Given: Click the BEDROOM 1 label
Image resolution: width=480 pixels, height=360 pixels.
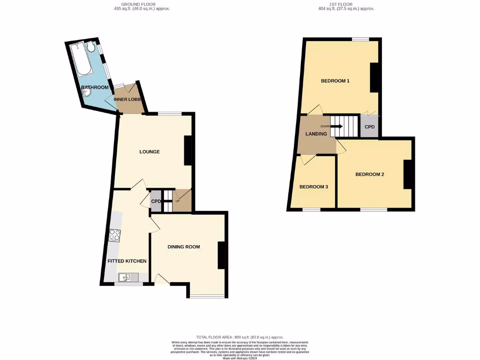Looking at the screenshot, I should (335, 81).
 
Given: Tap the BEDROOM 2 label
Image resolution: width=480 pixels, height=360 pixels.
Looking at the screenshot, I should (369, 174).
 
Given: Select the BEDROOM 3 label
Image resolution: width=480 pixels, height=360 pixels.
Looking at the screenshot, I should (314, 187).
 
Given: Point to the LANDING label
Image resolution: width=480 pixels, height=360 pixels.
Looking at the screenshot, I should (316, 134).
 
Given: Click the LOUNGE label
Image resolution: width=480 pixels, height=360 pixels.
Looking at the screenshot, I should (150, 152).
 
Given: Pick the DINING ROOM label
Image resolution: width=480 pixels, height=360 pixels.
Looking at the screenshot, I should (184, 247).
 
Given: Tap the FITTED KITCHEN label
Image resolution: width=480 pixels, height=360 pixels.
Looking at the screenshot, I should (127, 261).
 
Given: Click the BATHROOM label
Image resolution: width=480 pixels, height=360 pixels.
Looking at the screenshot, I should (95, 88).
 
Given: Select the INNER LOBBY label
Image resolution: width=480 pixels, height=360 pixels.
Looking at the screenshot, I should (127, 99).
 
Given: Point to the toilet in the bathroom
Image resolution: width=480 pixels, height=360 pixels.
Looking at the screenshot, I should (91, 47).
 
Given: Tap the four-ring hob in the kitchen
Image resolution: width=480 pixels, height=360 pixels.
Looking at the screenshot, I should (114, 235).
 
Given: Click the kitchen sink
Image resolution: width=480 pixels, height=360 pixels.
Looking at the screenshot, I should (128, 277).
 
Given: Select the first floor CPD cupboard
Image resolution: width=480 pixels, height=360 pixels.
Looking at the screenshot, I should (370, 127).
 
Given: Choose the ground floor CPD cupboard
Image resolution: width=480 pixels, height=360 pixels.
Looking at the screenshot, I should (156, 202).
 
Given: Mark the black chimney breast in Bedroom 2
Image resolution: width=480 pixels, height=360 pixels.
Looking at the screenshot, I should (408, 174).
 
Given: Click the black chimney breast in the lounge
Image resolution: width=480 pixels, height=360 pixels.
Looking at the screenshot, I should (188, 150).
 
